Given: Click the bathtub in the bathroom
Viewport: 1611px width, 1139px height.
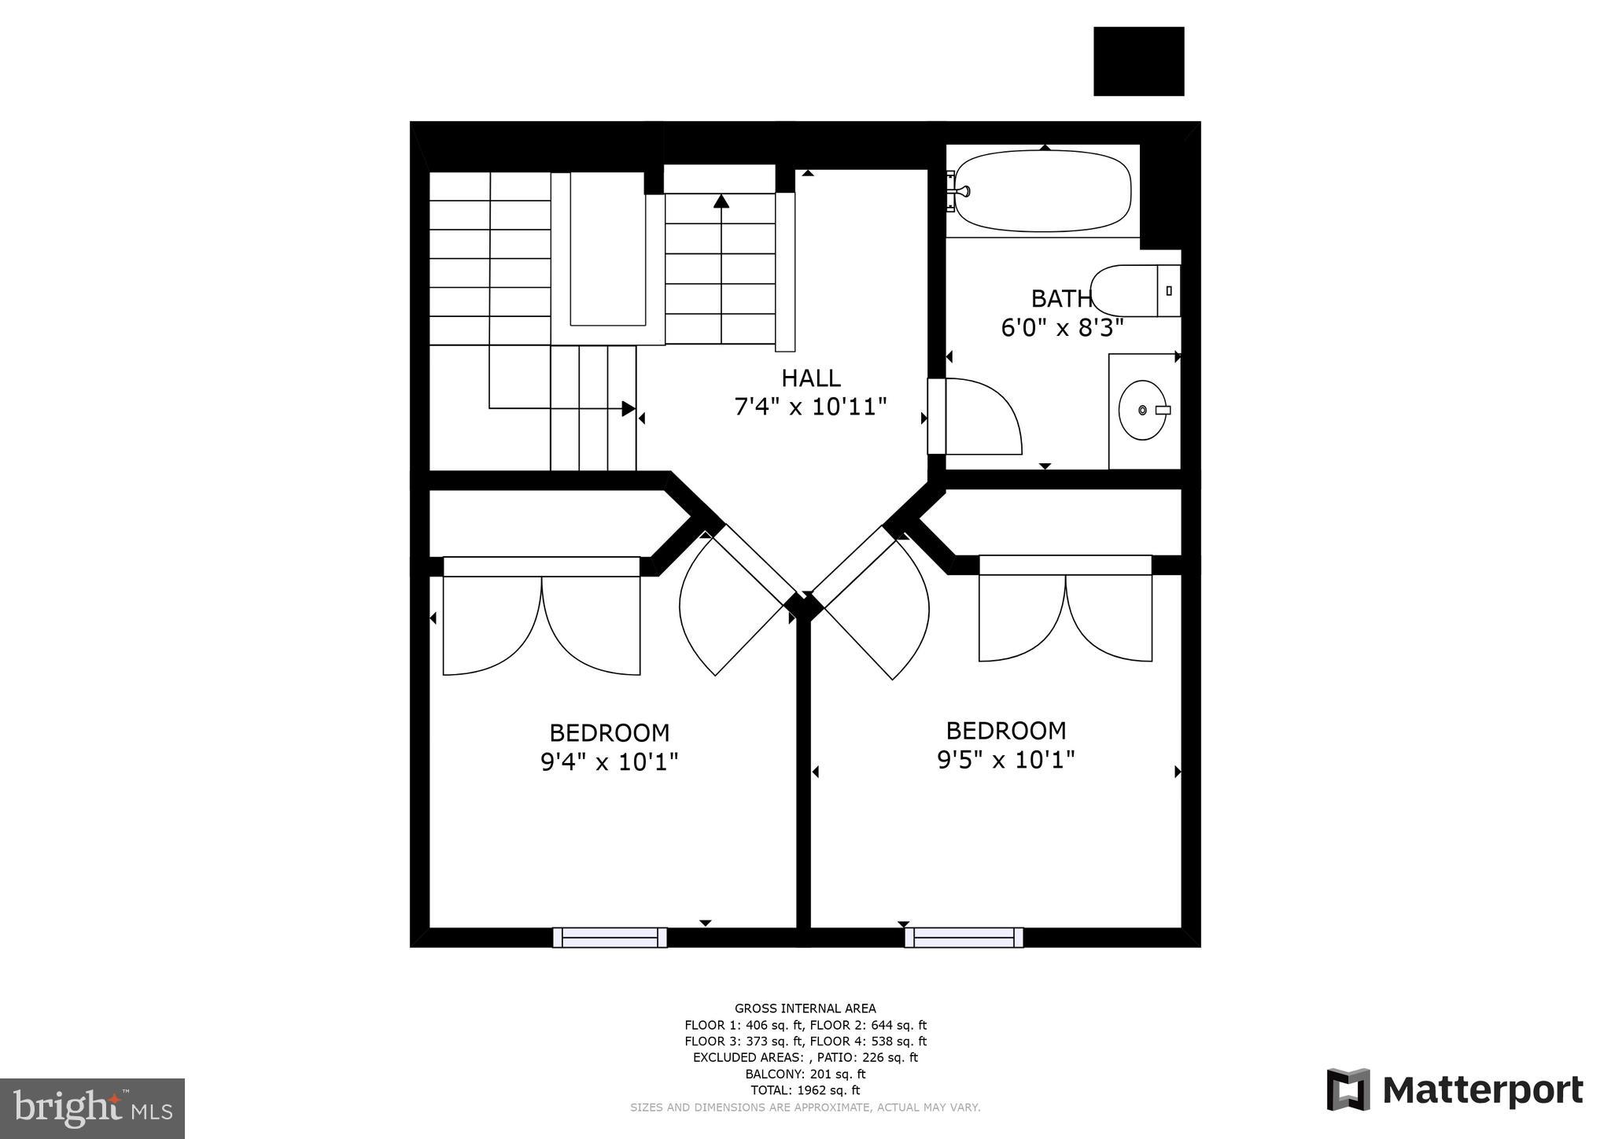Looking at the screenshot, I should click(x=1042, y=191).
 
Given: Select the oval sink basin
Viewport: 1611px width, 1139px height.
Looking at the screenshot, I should click(x=1142, y=410).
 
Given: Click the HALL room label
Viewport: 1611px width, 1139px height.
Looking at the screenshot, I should click(x=810, y=378).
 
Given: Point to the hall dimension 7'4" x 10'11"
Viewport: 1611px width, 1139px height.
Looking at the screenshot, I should click(x=810, y=407).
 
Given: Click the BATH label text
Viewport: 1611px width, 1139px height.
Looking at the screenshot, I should click(x=1060, y=299).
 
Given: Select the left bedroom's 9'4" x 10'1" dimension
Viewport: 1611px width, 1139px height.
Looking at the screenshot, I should click(x=609, y=761).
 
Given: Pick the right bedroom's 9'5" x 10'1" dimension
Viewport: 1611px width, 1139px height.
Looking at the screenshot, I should click(x=1005, y=760).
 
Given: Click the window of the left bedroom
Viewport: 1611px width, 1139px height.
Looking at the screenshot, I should click(x=610, y=937).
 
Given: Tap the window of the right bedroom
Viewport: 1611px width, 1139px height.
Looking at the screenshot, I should click(x=964, y=937).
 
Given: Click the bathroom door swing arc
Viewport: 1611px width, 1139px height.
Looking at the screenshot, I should click(x=983, y=417).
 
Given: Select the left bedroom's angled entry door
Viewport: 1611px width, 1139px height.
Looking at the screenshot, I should click(x=732, y=606).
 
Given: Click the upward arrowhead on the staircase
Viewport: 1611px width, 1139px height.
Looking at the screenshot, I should click(x=721, y=201).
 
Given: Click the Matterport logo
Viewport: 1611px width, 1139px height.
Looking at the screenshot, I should click(x=1454, y=1090).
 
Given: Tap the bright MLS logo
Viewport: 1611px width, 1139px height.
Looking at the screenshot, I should click(x=92, y=1108).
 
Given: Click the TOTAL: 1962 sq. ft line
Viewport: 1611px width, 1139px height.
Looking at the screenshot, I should click(x=805, y=1090).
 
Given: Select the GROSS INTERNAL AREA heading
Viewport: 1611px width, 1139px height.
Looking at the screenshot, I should click(x=805, y=1008).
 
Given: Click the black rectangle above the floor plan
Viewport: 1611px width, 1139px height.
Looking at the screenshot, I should click(x=1138, y=61).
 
